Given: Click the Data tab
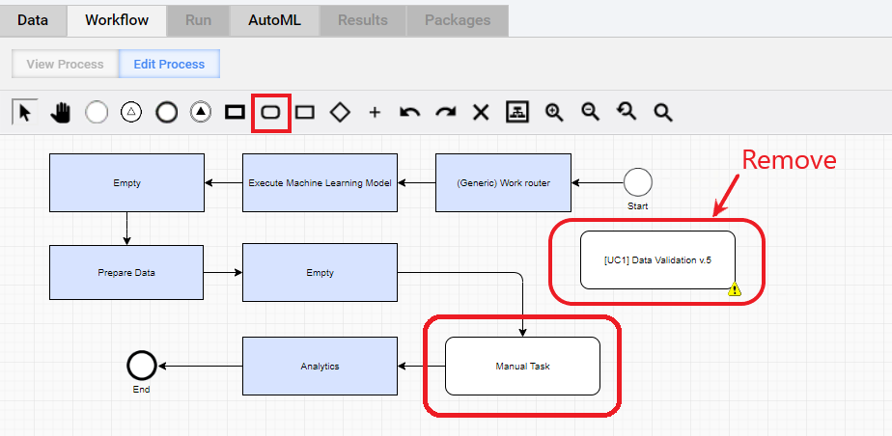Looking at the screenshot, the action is (33, 20).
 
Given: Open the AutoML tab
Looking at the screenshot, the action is (275, 20).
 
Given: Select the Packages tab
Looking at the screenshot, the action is (458, 20).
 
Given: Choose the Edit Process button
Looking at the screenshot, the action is (169, 65).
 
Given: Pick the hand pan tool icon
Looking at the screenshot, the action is (60, 113).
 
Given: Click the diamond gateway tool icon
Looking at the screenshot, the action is (340, 113).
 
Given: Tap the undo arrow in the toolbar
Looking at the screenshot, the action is (409, 113).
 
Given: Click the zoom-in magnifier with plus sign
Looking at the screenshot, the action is (554, 113).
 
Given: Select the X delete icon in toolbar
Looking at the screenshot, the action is (481, 113).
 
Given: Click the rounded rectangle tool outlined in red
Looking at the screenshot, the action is (270, 113).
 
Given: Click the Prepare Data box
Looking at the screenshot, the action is (126, 272).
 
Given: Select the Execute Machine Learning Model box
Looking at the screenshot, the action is (320, 183).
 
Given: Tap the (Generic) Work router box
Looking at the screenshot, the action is (504, 183).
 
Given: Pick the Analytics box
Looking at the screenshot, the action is (320, 367).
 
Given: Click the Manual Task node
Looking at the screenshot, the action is (522, 367).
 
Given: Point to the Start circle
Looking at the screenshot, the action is (638, 182).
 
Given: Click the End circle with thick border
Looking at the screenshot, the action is (141, 366).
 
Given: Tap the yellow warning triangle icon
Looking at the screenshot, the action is (735, 289).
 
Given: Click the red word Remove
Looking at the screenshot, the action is (789, 160).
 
